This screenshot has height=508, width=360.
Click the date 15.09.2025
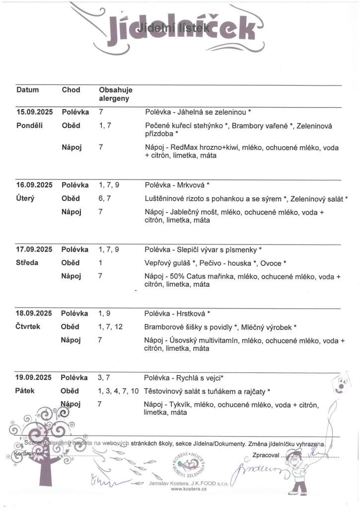coord(34,112)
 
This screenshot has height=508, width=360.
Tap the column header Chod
coord(71,90)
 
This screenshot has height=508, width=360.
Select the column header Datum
coord(28,90)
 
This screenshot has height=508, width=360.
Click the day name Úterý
coord(25,198)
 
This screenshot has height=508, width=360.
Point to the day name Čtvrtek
coord(28,326)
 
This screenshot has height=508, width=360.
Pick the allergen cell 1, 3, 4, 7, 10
coord(119,391)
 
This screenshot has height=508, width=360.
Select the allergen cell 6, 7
coord(105,198)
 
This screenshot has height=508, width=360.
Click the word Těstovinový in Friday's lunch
coord(163,391)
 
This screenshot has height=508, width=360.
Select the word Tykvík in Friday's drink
coord(180,404)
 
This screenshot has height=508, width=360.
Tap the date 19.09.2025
coord(34,378)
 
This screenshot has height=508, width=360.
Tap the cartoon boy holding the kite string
coord(298,471)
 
